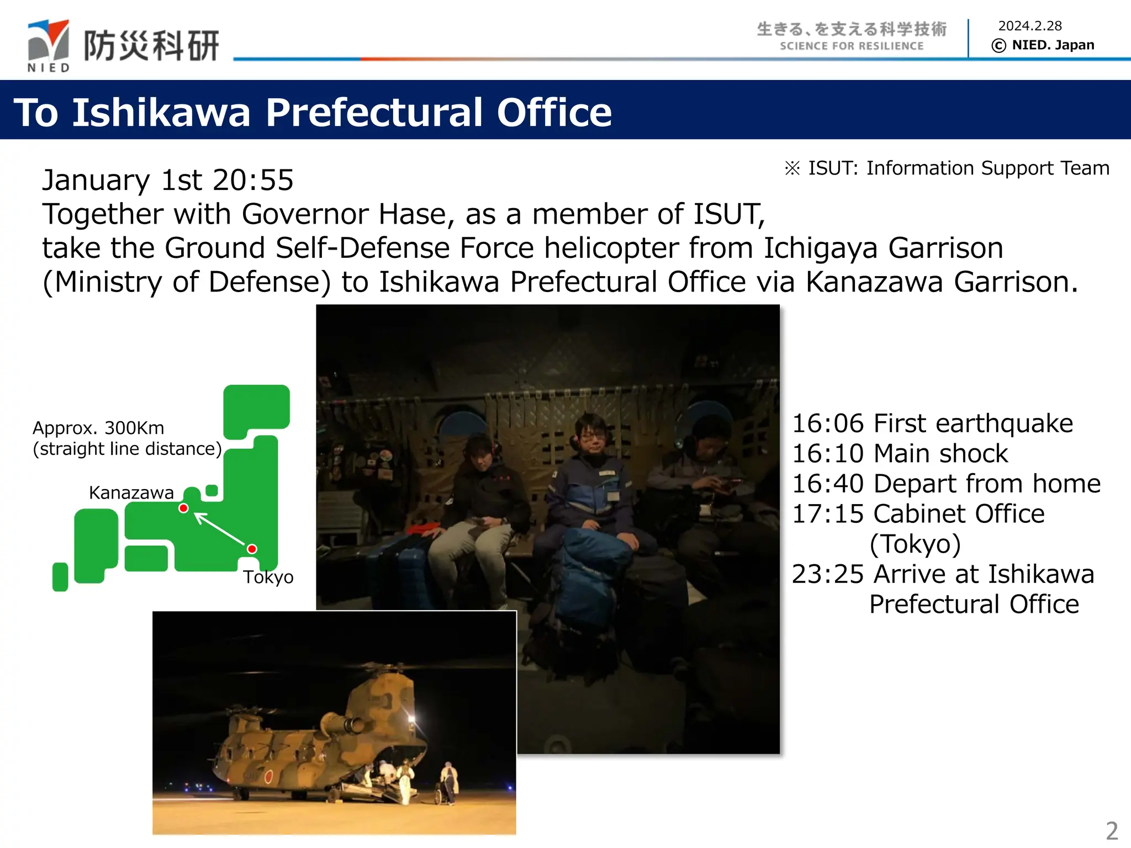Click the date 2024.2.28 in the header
tap(1029, 26)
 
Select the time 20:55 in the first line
tap(253, 180)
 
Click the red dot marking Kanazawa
tap(184, 508)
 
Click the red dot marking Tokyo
tap(252, 549)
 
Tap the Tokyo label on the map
tap(268, 577)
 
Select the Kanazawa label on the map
tap(131, 492)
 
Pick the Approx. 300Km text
tap(98, 428)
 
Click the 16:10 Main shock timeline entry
tap(900, 454)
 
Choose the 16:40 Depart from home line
tap(945, 484)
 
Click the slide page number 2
tap(1112, 830)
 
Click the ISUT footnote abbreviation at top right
tap(832, 168)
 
